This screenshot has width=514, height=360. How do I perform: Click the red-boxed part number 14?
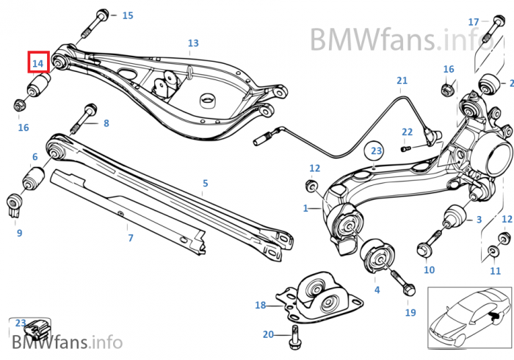point(38,62)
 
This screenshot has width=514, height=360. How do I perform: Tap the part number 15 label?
point(128,15)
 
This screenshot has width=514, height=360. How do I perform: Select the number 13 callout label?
point(193,43)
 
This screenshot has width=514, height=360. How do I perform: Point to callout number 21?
point(402,80)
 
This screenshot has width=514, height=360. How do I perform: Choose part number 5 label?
point(206,183)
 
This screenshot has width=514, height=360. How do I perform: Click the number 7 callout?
point(130,238)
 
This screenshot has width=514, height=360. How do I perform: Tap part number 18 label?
point(260,305)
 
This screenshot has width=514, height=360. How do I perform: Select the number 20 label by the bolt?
point(269,335)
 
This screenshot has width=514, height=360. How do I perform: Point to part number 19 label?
point(410,312)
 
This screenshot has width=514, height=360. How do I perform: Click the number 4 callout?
point(377,290)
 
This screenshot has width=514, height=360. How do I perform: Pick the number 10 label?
point(429,270)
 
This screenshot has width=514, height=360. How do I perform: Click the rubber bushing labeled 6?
point(35,177)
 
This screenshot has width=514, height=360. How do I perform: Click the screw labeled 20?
point(294,336)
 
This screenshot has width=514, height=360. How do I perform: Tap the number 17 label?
point(474,22)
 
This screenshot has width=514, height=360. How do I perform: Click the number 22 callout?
point(407,132)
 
